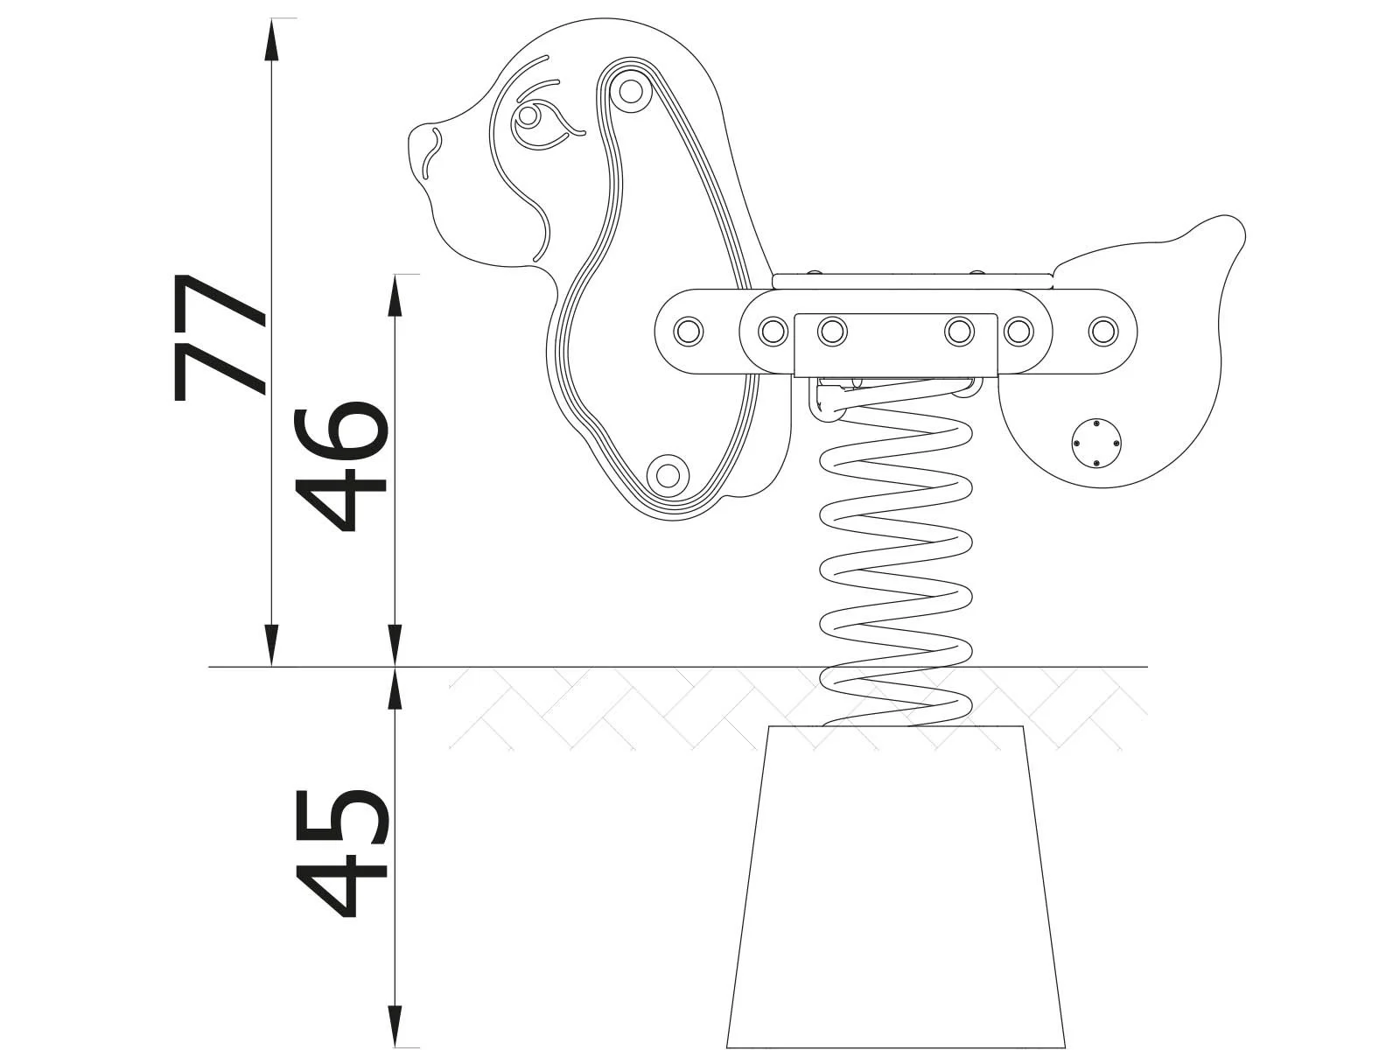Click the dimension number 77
[x=219, y=337]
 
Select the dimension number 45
[x=341, y=853]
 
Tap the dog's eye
[x=528, y=116]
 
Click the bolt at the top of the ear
[x=629, y=90]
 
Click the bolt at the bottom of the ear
[x=668, y=474]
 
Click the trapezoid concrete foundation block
[x=896, y=884]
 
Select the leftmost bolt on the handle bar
[x=689, y=331]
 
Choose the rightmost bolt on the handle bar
[x=1103, y=331]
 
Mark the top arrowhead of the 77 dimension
[x=272, y=35]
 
